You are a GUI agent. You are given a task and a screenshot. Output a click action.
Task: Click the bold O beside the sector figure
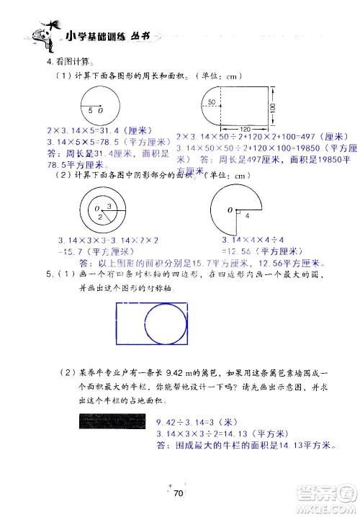click(x=228, y=210)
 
